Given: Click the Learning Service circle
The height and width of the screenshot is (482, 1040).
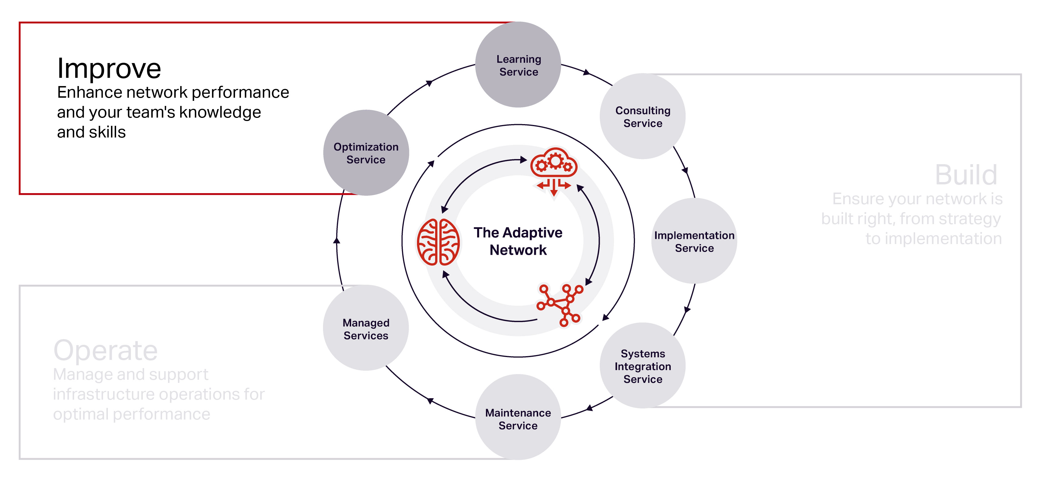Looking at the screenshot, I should point(518,65).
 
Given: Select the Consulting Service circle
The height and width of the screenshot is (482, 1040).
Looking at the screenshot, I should point(642,116).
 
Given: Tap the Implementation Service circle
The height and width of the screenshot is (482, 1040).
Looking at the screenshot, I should point(694,241).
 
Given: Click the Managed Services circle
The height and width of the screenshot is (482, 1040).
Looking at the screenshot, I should point(366,328).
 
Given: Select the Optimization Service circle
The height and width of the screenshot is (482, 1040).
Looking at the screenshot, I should point(366,153).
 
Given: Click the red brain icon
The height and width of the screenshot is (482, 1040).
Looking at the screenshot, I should point(438,242).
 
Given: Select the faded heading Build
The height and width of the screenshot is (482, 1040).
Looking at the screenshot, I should point(966,175).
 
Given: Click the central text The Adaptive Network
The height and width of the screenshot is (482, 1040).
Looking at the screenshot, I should point(518,241).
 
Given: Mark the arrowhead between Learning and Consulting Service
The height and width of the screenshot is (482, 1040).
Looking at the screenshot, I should point(587,73).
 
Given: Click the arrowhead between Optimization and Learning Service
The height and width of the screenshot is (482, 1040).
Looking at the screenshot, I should point(429,83).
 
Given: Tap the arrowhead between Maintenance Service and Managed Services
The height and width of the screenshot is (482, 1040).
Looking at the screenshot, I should point(430,400).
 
